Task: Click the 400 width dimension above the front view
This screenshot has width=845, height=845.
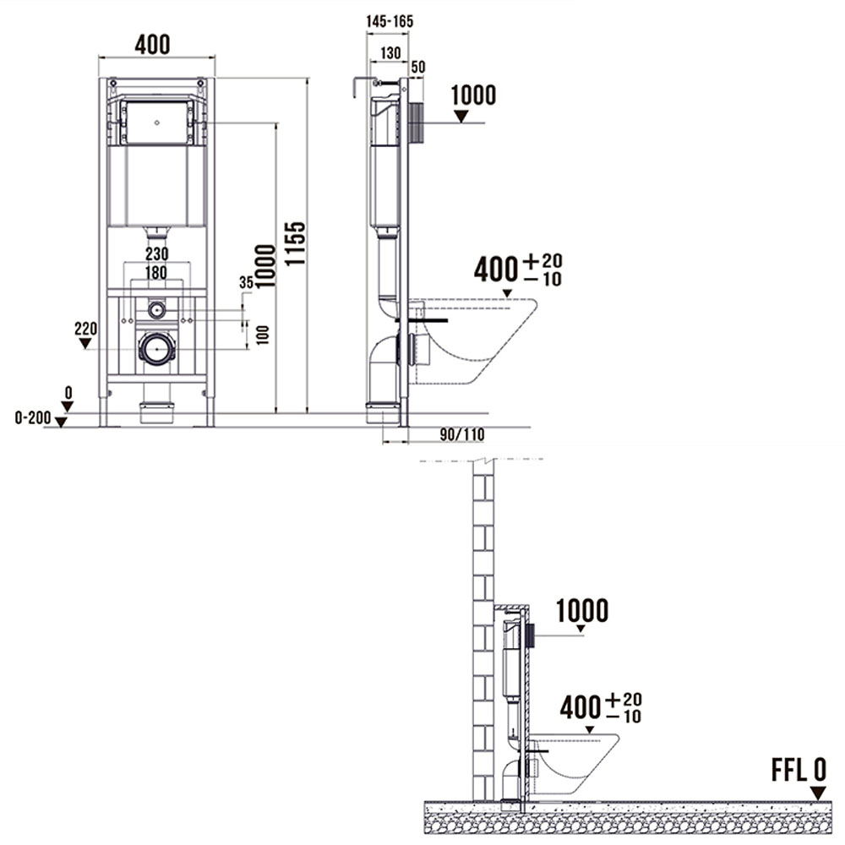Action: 152,45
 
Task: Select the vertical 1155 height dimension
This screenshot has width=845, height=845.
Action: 295,243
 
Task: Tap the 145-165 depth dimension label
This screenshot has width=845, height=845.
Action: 390,22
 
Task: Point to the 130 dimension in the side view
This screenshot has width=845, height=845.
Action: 390,52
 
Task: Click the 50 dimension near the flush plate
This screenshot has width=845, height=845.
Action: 418,67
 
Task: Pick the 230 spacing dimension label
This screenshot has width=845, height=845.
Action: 157,253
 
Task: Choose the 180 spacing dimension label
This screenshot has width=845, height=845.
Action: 156,273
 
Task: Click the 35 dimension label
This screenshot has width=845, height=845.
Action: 246,283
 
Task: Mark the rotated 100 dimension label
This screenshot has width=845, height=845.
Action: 263,335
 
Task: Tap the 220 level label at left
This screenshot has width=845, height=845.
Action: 85,328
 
